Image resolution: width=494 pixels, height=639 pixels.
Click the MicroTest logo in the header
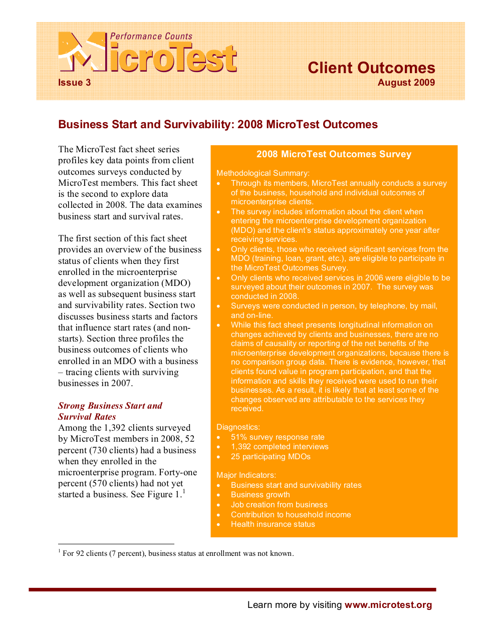point(147,53)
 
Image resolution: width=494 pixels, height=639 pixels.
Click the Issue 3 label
point(74,83)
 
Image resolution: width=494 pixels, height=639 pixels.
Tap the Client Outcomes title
point(371,68)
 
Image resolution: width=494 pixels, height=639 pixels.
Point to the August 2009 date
point(406,83)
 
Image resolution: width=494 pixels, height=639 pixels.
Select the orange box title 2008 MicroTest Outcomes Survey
point(334,154)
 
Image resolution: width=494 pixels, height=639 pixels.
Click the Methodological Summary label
point(263,173)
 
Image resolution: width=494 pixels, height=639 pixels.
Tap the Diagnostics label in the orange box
point(238,427)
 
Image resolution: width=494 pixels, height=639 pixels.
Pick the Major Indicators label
point(246,475)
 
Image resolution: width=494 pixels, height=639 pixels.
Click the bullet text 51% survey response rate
point(278,437)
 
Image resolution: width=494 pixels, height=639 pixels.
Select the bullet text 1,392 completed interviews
point(280,447)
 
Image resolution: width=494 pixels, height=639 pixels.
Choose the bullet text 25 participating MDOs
point(271,457)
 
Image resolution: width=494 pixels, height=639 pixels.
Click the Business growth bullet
point(260,495)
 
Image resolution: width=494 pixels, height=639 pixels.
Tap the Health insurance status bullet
point(273,524)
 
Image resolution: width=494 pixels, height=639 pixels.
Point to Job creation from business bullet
point(279,505)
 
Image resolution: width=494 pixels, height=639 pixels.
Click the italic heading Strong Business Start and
point(110,406)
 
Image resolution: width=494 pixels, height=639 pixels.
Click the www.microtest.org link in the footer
point(388,605)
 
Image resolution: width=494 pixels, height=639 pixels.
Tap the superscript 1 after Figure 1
point(184,492)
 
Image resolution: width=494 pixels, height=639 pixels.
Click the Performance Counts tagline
point(151,37)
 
